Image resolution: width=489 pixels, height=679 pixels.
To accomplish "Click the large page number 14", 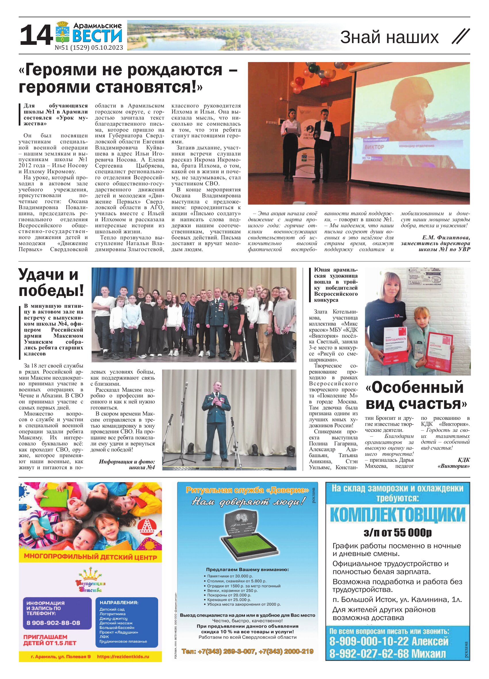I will [x=36, y=35].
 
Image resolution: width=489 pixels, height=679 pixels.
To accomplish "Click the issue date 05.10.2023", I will [x=107, y=48].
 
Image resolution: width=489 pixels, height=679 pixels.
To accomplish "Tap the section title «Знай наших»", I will [x=389, y=37].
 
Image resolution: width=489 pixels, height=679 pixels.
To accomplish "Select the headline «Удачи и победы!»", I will [x=51, y=283].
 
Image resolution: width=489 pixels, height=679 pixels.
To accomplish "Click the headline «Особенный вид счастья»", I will [x=416, y=395].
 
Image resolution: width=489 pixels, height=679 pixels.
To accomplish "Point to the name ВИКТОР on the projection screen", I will [x=374, y=147].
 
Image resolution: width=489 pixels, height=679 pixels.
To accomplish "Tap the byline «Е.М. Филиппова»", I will [x=446, y=237].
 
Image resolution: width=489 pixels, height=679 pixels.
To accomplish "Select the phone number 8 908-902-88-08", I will [x=53, y=623].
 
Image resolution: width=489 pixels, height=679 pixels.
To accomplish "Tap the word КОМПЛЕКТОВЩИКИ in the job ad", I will [x=398, y=515].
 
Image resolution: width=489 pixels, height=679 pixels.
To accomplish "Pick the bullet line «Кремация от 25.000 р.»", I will [x=229, y=600].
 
